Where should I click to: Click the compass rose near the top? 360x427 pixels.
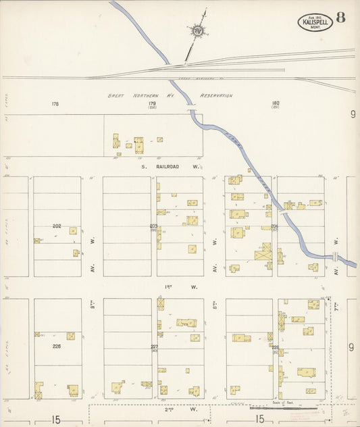pos(197,30)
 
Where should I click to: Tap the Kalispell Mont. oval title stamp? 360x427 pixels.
pos(315,23)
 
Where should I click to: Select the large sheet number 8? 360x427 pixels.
pos(341,18)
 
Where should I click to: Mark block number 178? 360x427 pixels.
pos(55,104)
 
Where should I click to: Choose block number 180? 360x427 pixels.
pos(276,103)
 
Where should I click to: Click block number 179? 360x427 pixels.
pos(153,103)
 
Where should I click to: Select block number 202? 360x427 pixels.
pos(57,225)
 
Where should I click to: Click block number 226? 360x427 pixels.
pos(57,345)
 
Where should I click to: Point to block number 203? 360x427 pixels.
pos(153,226)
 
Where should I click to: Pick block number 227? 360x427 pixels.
pos(154,346)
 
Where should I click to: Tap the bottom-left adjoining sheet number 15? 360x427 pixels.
pos(56,420)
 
